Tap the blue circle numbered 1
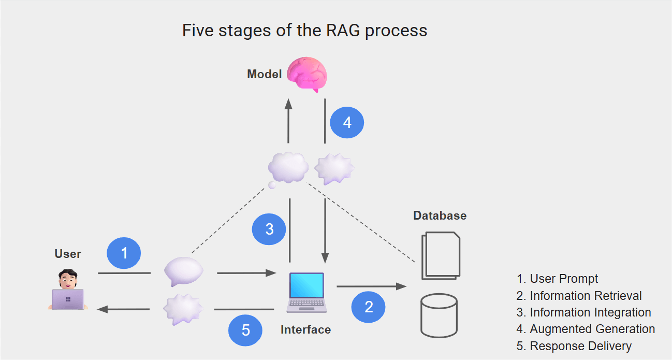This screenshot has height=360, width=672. pyautogui.click(x=124, y=253)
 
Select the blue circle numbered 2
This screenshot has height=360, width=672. pyautogui.click(x=369, y=307)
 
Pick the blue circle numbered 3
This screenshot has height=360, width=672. pyautogui.click(x=269, y=229)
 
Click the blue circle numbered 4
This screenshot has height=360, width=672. pyautogui.click(x=347, y=123)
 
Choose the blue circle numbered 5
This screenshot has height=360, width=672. pyautogui.click(x=246, y=330)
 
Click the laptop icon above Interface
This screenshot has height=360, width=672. pyautogui.click(x=306, y=293)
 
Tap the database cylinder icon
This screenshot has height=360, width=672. pyautogui.click(x=439, y=315)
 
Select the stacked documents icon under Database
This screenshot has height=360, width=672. pyautogui.click(x=441, y=255)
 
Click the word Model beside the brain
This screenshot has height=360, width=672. pyautogui.click(x=264, y=74)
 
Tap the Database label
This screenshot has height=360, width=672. pyautogui.click(x=440, y=215)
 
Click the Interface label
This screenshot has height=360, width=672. pyautogui.click(x=305, y=329)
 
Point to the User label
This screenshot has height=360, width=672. pyautogui.click(x=68, y=254)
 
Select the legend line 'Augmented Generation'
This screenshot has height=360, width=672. pyautogui.click(x=592, y=329)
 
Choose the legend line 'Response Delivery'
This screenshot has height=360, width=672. pyautogui.click(x=580, y=345)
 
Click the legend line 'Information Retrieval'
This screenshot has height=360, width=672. pyautogui.click(x=586, y=296)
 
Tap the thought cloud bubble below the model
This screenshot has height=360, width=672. pyautogui.click(x=288, y=167)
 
